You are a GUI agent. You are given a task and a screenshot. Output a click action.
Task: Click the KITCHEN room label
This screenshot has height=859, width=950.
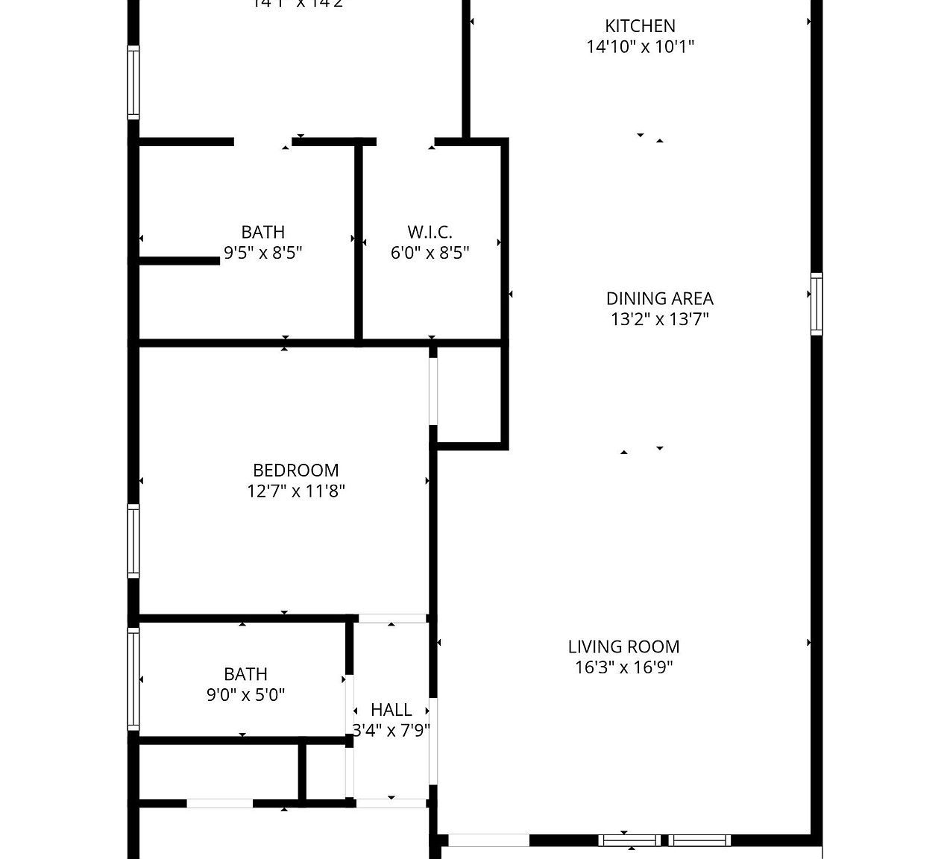[x=640, y=26]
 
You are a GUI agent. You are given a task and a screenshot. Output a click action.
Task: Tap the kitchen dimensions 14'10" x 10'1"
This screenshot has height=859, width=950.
[x=640, y=47]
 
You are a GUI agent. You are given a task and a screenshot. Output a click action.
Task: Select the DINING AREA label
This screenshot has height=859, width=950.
[x=659, y=298]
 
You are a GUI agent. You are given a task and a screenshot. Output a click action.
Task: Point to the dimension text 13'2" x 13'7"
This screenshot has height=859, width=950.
[x=659, y=319]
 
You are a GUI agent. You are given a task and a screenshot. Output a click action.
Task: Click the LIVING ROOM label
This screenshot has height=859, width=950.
[x=623, y=646]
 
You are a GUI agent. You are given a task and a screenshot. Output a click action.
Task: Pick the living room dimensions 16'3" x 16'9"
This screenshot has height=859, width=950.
[x=623, y=667]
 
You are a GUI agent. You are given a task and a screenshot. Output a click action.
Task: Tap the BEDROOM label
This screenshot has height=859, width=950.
[x=295, y=471]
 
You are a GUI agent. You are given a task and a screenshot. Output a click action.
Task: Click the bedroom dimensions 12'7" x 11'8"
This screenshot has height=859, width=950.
[x=295, y=491]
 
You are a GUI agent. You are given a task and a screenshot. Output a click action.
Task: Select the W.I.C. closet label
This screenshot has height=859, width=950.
[x=430, y=232]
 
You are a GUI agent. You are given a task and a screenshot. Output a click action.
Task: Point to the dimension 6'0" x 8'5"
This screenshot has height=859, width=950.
[x=430, y=253]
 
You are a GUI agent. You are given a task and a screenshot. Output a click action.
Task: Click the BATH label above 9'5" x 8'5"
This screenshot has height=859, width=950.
[x=262, y=232]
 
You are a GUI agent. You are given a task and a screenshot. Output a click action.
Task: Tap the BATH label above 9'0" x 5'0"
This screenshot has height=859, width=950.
[x=245, y=674]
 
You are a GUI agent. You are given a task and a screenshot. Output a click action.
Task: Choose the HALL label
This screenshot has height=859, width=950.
[x=391, y=709]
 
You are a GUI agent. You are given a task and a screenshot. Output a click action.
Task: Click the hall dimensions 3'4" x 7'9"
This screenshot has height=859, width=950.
[x=391, y=730]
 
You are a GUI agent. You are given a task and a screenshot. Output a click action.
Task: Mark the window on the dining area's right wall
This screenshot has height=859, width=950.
[x=817, y=304]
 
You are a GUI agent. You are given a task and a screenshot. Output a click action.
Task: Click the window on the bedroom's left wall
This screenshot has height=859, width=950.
[x=133, y=541]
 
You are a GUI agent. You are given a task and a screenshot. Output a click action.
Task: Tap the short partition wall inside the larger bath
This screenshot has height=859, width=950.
[x=179, y=261]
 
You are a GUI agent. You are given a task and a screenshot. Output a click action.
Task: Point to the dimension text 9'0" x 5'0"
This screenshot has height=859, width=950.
[x=245, y=695]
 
